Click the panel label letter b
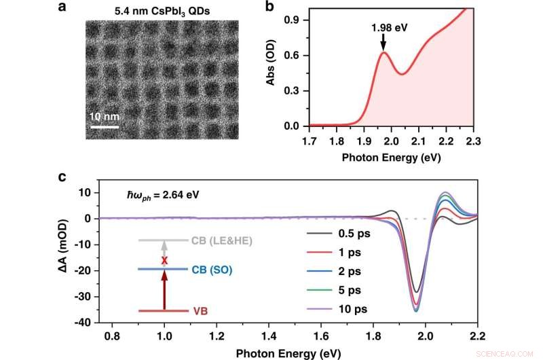pyautogui.click(x=269, y=8)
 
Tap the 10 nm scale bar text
pyautogui.click(x=104, y=115)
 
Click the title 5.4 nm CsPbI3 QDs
pyautogui.click(x=161, y=11)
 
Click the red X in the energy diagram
pyautogui.click(x=163, y=260)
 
